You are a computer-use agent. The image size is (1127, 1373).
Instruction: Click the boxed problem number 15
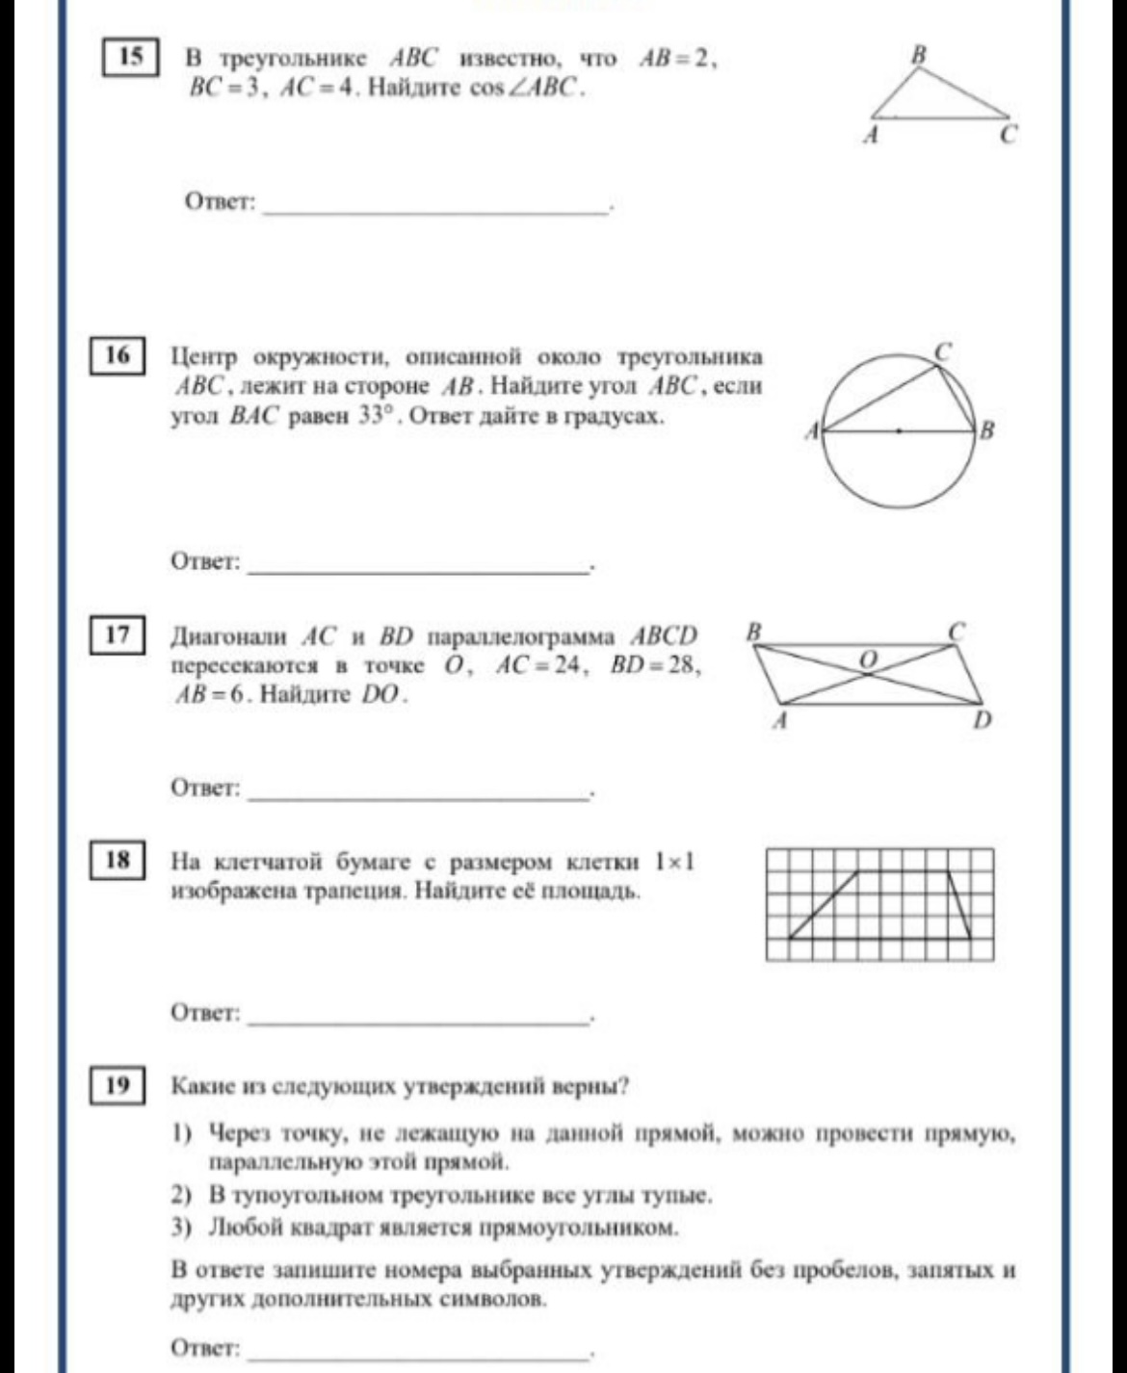[130, 57]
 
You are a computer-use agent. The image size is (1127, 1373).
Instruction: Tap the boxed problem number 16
[117, 355]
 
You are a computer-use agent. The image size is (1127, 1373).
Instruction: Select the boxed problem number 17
[117, 635]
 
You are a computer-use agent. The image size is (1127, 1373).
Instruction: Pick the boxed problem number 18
[117, 859]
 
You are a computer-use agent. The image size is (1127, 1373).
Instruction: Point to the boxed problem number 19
[117, 1086]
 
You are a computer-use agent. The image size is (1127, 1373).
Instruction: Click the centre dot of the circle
[899, 431]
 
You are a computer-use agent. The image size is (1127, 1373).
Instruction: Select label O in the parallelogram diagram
[868, 659]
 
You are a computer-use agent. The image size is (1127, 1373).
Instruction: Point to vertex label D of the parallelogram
[982, 720]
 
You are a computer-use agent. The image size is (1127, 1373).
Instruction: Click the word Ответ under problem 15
[220, 202]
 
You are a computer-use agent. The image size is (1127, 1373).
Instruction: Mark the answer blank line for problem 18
[417, 1019]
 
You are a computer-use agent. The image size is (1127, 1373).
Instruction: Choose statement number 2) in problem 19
[182, 1196]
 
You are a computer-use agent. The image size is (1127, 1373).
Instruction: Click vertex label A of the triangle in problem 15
[871, 137]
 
